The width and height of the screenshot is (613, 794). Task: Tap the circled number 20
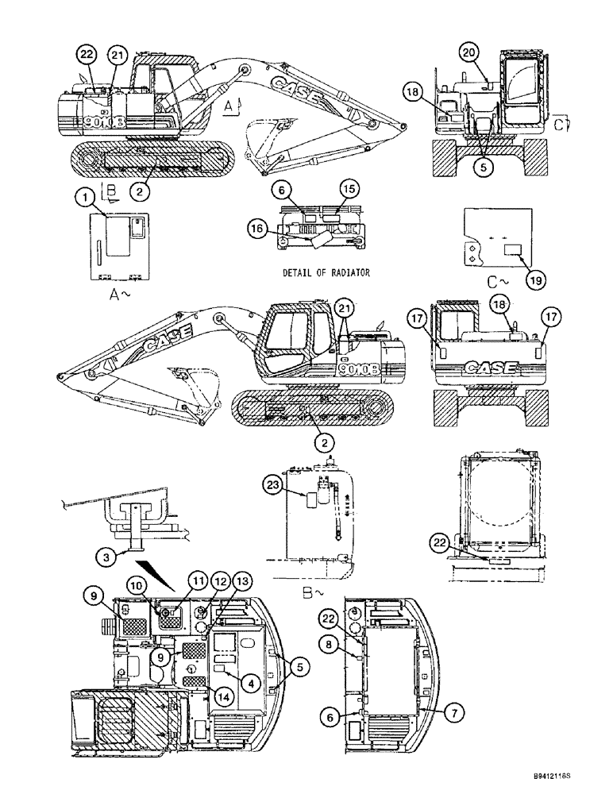[x=469, y=52]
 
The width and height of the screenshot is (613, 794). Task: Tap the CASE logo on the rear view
[x=490, y=368]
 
